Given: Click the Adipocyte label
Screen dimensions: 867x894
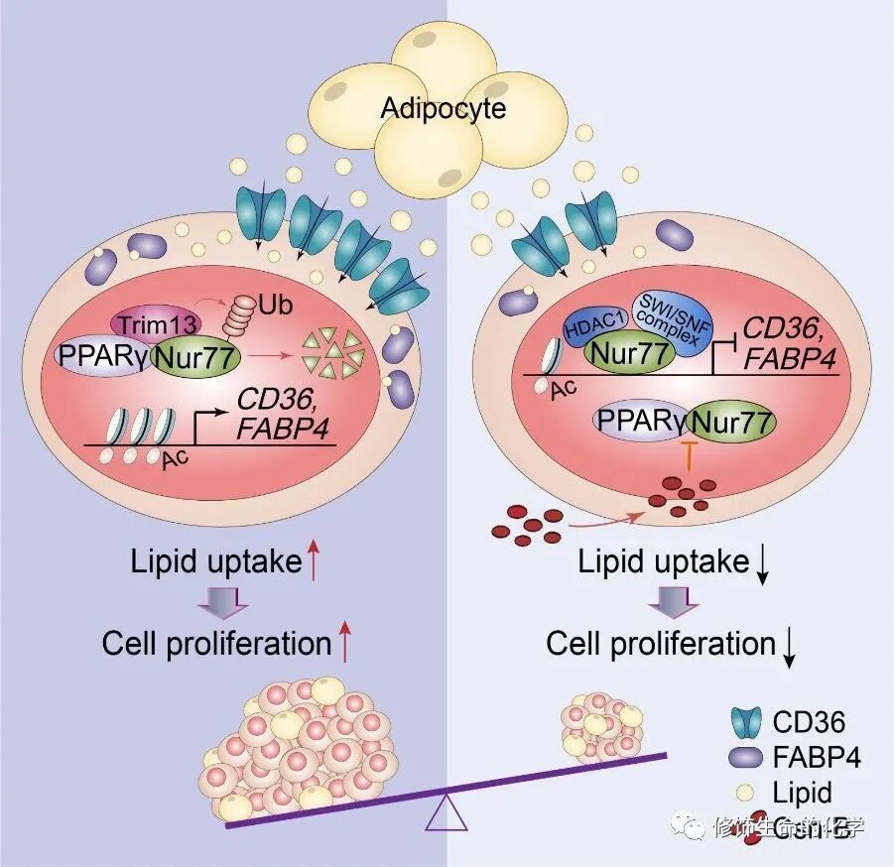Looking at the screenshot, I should tap(443, 107).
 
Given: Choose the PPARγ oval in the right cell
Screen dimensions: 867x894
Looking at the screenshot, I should tap(642, 422).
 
